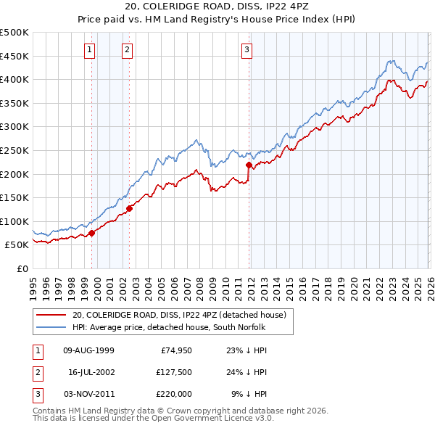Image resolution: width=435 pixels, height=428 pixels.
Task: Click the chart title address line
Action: click(x=217, y=7)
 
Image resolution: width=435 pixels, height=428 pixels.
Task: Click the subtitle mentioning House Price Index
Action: click(x=217, y=20)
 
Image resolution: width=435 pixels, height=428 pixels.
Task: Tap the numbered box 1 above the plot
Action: click(x=89, y=50)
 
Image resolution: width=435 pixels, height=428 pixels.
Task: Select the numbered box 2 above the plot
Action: click(x=127, y=50)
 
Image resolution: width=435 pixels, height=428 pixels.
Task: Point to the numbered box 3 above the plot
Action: click(x=246, y=50)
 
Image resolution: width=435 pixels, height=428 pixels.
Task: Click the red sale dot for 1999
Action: click(x=92, y=234)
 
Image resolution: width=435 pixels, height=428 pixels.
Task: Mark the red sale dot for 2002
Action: click(x=130, y=208)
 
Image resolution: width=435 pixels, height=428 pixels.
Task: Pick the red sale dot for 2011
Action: click(x=249, y=165)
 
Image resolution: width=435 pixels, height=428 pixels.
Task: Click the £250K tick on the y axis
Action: click(x=14, y=150)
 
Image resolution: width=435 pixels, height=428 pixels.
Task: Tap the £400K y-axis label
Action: click(x=14, y=79)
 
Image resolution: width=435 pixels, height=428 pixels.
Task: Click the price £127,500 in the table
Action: click(x=173, y=372)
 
